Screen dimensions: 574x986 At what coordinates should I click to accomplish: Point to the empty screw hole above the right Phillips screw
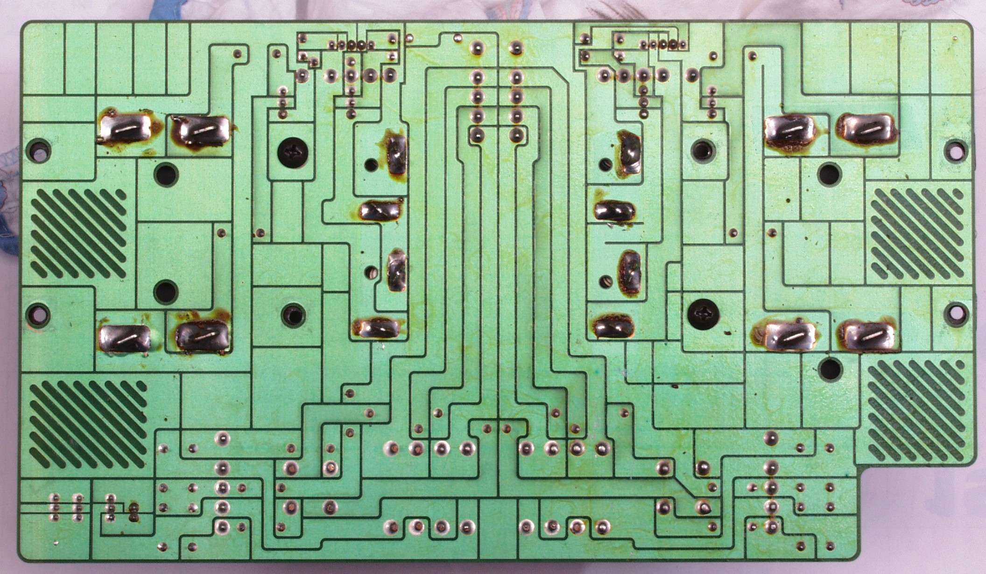pos(701,150)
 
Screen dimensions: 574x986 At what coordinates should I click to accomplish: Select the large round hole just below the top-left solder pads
pos(166,175)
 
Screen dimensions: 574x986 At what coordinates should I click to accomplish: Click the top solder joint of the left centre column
pos(476,48)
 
